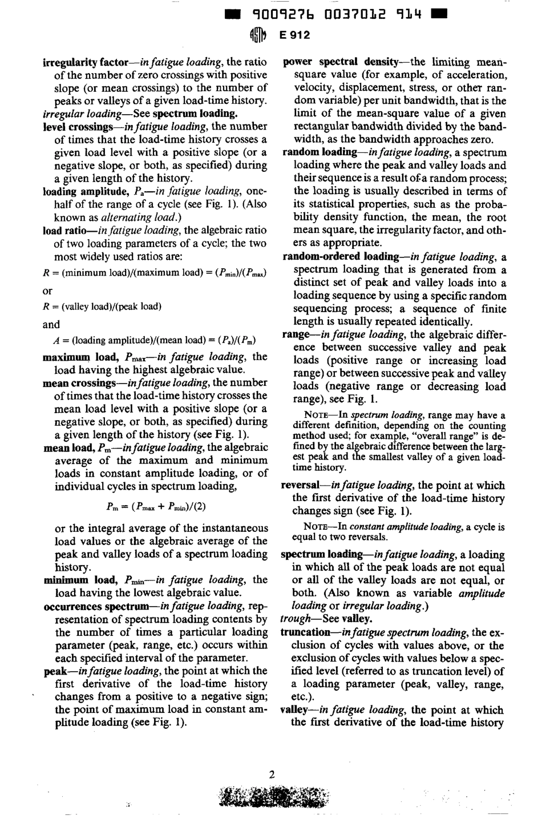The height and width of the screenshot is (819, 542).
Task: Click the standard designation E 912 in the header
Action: (294, 35)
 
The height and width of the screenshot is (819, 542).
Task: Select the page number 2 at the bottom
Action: (272, 774)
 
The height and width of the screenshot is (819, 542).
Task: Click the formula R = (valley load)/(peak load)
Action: (102, 306)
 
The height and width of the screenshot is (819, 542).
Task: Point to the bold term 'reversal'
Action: (300, 485)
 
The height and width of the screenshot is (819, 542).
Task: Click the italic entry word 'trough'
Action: (294, 619)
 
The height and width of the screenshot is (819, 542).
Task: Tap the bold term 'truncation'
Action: (305, 632)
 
